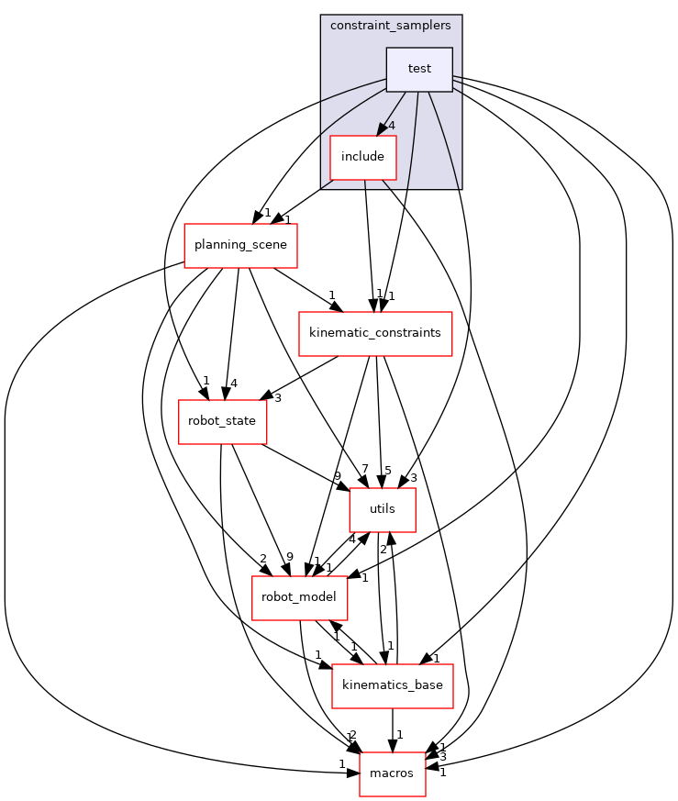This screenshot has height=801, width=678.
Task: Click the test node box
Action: tap(419, 70)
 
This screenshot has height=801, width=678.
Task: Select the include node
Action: tap(362, 157)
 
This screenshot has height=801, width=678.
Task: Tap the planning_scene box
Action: tap(240, 245)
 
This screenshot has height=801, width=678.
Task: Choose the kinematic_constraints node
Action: tap(374, 333)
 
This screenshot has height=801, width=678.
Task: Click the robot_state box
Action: tap(222, 421)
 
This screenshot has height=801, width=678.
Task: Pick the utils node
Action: tap(383, 509)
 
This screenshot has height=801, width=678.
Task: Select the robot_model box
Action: tap(300, 597)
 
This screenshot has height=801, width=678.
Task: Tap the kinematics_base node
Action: tap(392, 685)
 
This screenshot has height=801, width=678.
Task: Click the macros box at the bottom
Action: tap(392, 773)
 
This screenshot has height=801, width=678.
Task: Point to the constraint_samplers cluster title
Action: tap(391, 25)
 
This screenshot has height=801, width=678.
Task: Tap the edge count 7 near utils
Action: tap(364, 470)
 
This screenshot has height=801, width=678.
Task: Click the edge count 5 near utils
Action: tap(387, 470)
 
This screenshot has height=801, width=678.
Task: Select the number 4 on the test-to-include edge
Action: tap(392, 126)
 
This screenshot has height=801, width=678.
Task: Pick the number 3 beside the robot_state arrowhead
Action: tap(277, 397)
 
